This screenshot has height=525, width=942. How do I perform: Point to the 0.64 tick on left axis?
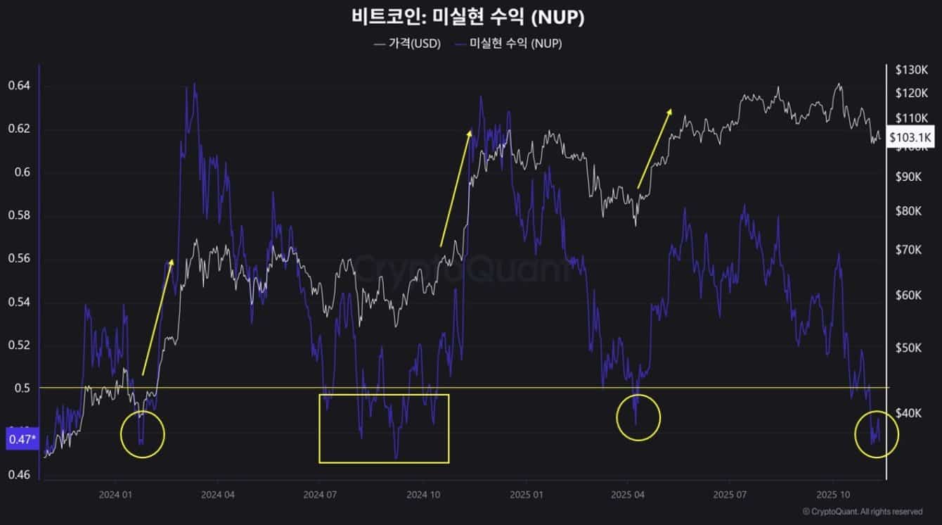pyautogui.click(x=19, y=86)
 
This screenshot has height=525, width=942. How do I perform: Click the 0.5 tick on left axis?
pyautogui.click(x=23, y=388)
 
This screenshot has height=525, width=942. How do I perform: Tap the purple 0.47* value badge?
pyautogui.click(x=20, y=439)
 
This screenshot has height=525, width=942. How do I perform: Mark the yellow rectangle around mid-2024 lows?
pyautogui.click(x=384, y=428)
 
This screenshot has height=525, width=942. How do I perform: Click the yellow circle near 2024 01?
pyautogui.click(x=142, y=434)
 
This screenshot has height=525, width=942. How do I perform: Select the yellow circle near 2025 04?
pyautogui.click(x=638, y=418)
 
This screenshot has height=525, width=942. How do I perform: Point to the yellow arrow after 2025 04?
pyautogui.click(x=654, y=148)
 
